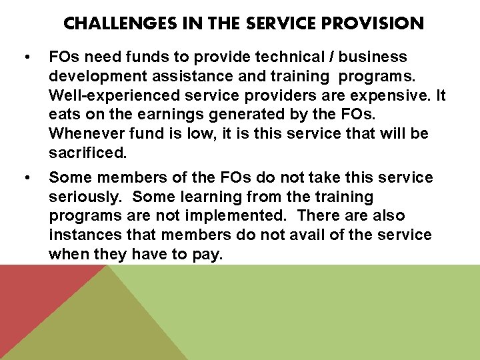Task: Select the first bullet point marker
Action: coord(25,57)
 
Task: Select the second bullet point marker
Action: coord(25,178)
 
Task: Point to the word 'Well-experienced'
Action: coord(106,95)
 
